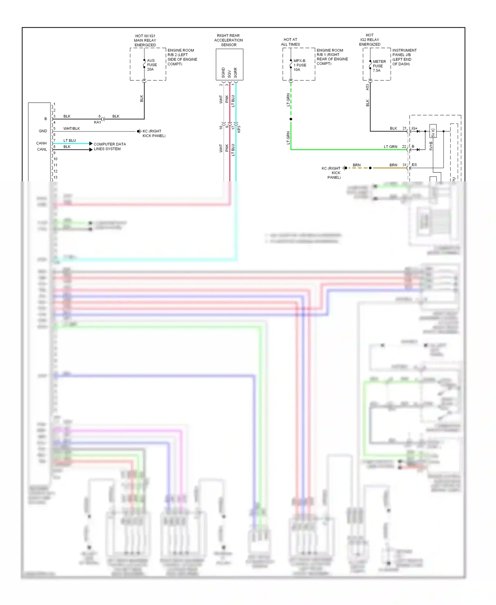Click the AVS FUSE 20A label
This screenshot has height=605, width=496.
pyautogui.click(x=152, y=65)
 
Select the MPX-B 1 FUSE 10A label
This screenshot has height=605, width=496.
pyautogui.click(x=300, y=65)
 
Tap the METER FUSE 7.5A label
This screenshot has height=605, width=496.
pyautogui.click(x=379, y=66)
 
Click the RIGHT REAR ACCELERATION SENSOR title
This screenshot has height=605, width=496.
pyautogui.click(x=228, y=40)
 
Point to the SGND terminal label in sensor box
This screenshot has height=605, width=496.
pyautogui.click(x=223, y=73)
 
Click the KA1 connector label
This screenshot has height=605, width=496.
pyautogui.click(x=97, y=122)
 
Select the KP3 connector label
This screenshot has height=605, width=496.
pyautogui.click(x=239, y=129)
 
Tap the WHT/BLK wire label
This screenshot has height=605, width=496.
pyautogui.click(x=71, y=128)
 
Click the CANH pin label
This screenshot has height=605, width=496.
pyautogui.click(x=41, y=143)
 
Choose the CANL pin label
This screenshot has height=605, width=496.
pyautogui.click(x=42, y=149)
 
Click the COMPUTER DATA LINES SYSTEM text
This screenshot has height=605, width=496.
pyautogui.click(x=109, y=147)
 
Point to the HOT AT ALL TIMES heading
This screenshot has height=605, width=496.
pyautogui.click(x=290, y=42)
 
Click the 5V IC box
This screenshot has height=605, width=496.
pyautogui.click(x=433, y=131)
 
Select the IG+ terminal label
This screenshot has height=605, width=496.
pyautogui.click(x=414, y=128)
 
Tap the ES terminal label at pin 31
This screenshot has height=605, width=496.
pyautogui.click(x=414, y=165)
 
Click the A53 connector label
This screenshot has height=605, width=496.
pyautogui.click(x=367, y=87)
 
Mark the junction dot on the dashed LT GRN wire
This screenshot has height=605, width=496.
pyautogui.click(x=291, y=119)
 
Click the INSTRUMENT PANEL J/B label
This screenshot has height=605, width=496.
pyautogui.click(x=404, y=53)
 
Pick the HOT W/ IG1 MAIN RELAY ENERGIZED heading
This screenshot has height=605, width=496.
pyautogui.click(x=145, y=40)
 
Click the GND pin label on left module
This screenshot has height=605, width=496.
pyautogui.click(x=43, y=131)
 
